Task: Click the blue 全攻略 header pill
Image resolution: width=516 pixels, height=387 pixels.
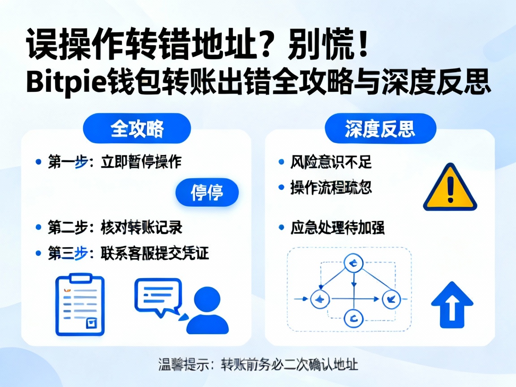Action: pyautogui.click(x=137, y=129)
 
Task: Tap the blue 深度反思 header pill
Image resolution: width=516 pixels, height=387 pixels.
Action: pyautogui.click(x=380, y=129)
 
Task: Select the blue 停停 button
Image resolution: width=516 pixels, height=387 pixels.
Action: pyautogui.click(x=207, y=193)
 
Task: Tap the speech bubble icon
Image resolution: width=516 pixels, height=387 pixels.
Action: pyautogui.click(x=158, y=297)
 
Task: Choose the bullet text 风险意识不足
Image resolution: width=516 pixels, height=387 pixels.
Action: pyautogui.click(x=331, y=162)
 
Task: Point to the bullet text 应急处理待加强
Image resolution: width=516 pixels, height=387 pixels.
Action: pyautogui.click(x=337, y=228)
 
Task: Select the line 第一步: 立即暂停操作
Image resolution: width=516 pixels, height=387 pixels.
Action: pyautogui.click(x=114, y=162)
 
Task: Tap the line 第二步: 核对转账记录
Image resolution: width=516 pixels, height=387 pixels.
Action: pyautogui.click(x=115, y=228)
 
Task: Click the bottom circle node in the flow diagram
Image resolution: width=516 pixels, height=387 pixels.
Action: pyautogui.click(x=354, y=318)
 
